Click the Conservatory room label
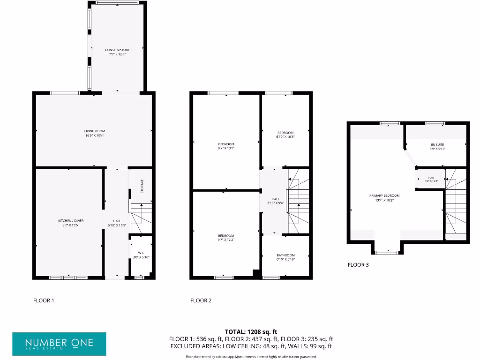tap(117, 50)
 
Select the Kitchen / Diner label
tap(70, 220)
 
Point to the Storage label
tap(142, 186)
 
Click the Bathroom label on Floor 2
tap(285, 255)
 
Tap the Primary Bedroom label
tap(387, 195)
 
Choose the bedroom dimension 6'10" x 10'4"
tap(285, 137)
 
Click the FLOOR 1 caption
tap(44, 300)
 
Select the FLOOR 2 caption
tap(201, 300)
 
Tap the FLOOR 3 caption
tap(358, 265)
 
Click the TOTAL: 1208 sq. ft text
tap(251, 332)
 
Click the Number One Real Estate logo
tap(59, 344)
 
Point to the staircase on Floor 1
tap(142, 218)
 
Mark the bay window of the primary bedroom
tap(387, 252)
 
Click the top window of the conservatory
tap(117, 3)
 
